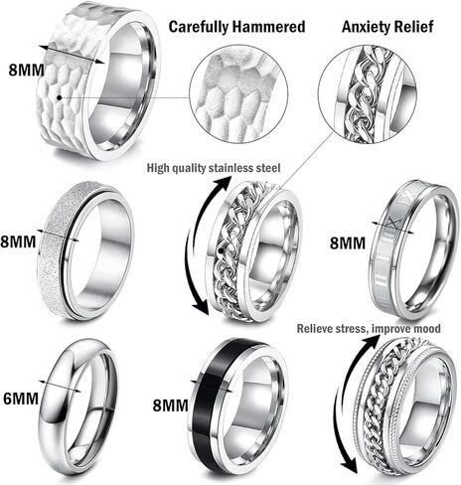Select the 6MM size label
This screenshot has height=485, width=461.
coord(21,399)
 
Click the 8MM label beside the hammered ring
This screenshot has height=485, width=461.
coord(26,70)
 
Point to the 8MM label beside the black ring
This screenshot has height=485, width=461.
coord(170,405)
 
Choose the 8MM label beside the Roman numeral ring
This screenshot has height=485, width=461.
coord(348,243)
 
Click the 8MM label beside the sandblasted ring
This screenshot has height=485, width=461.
coord(18,242)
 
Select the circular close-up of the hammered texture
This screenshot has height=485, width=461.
coord(238,97)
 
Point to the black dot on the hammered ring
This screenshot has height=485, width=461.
coord(59,97)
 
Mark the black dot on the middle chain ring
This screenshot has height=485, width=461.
coord(222,250)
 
